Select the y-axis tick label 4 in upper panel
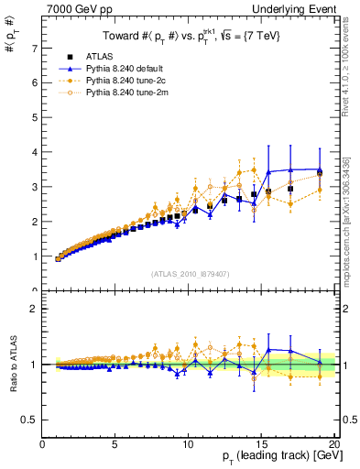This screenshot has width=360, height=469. click(35, 152)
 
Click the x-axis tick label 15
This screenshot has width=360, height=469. click(260, 446)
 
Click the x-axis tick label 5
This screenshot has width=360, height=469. click(115, 446)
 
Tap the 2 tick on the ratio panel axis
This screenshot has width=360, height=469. click(35, 309)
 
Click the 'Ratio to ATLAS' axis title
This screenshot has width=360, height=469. click(12, 365)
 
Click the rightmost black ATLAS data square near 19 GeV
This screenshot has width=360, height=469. click(320, 172)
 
